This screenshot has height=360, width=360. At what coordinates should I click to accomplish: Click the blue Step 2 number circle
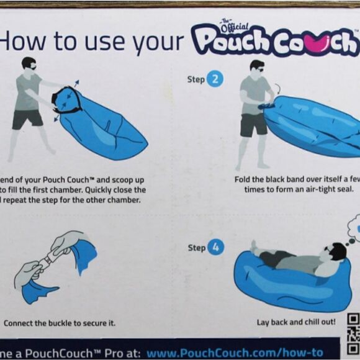point(215,79)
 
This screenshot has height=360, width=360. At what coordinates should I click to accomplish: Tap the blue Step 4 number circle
point(215,247)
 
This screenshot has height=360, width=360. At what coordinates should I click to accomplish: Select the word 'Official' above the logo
point(234,26)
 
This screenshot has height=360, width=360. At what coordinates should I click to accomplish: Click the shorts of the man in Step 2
point(254,125)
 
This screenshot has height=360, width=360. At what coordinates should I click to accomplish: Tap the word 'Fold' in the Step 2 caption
point(243,179)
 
